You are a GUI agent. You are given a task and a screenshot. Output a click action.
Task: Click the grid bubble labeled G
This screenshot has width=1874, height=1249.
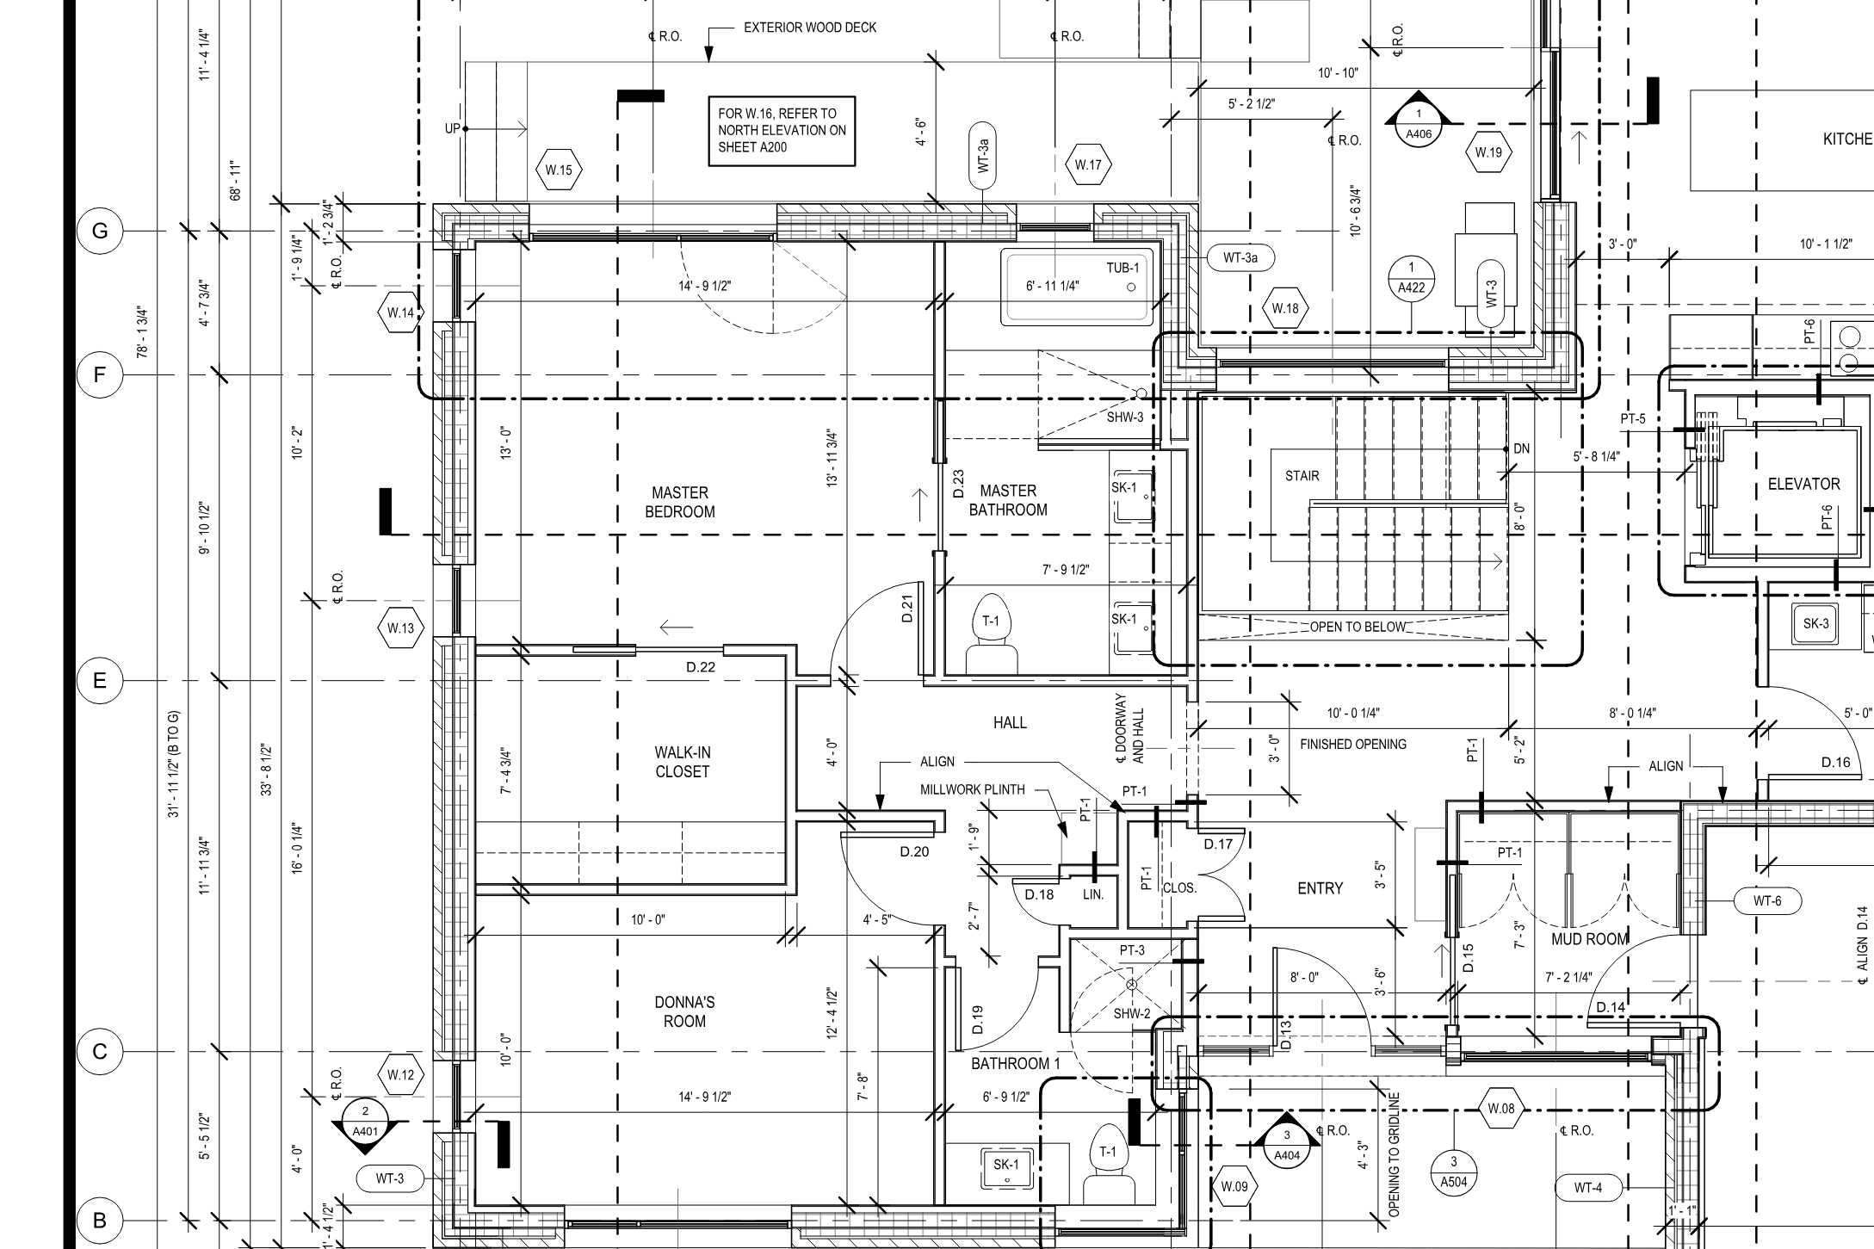point(100,232)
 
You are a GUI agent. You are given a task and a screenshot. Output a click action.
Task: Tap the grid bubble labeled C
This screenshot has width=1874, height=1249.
point(100,1052)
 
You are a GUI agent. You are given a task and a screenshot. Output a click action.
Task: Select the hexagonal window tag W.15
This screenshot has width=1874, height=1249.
point(559,170)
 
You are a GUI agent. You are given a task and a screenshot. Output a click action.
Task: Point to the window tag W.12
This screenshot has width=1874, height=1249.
point(400,1075)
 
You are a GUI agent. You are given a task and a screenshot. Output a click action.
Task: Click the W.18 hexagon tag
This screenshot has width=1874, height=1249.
point(1285,308)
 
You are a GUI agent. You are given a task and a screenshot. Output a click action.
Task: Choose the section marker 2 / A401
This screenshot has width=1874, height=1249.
point(366,1122)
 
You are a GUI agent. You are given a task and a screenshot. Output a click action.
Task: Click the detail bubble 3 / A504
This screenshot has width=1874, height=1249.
point(1454,1172)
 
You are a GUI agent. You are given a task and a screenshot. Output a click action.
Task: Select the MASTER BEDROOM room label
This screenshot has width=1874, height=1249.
point(680,502)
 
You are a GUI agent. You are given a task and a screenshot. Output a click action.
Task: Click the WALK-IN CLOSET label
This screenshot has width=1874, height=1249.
point(683,763)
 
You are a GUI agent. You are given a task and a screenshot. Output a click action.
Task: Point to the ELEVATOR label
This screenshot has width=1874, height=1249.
point(1804,485)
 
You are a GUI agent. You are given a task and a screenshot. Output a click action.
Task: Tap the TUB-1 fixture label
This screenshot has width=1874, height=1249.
point(1123,268)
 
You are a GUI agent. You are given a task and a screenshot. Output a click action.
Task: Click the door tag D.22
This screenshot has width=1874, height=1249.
point(701,667)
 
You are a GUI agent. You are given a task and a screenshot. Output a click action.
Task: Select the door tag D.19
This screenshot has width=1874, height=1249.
point(977,1020)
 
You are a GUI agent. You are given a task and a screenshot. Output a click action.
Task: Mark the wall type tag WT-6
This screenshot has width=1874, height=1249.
point(1767,901)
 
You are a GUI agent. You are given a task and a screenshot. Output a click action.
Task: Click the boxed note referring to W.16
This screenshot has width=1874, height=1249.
point(782,131)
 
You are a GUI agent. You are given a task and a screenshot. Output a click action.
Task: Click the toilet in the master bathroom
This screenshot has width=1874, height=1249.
point(991,633)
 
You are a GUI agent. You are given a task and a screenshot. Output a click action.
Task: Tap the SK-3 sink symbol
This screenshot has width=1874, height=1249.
point(1815,623)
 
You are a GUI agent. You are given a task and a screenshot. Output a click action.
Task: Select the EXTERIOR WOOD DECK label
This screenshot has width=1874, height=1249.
point(810,28)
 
